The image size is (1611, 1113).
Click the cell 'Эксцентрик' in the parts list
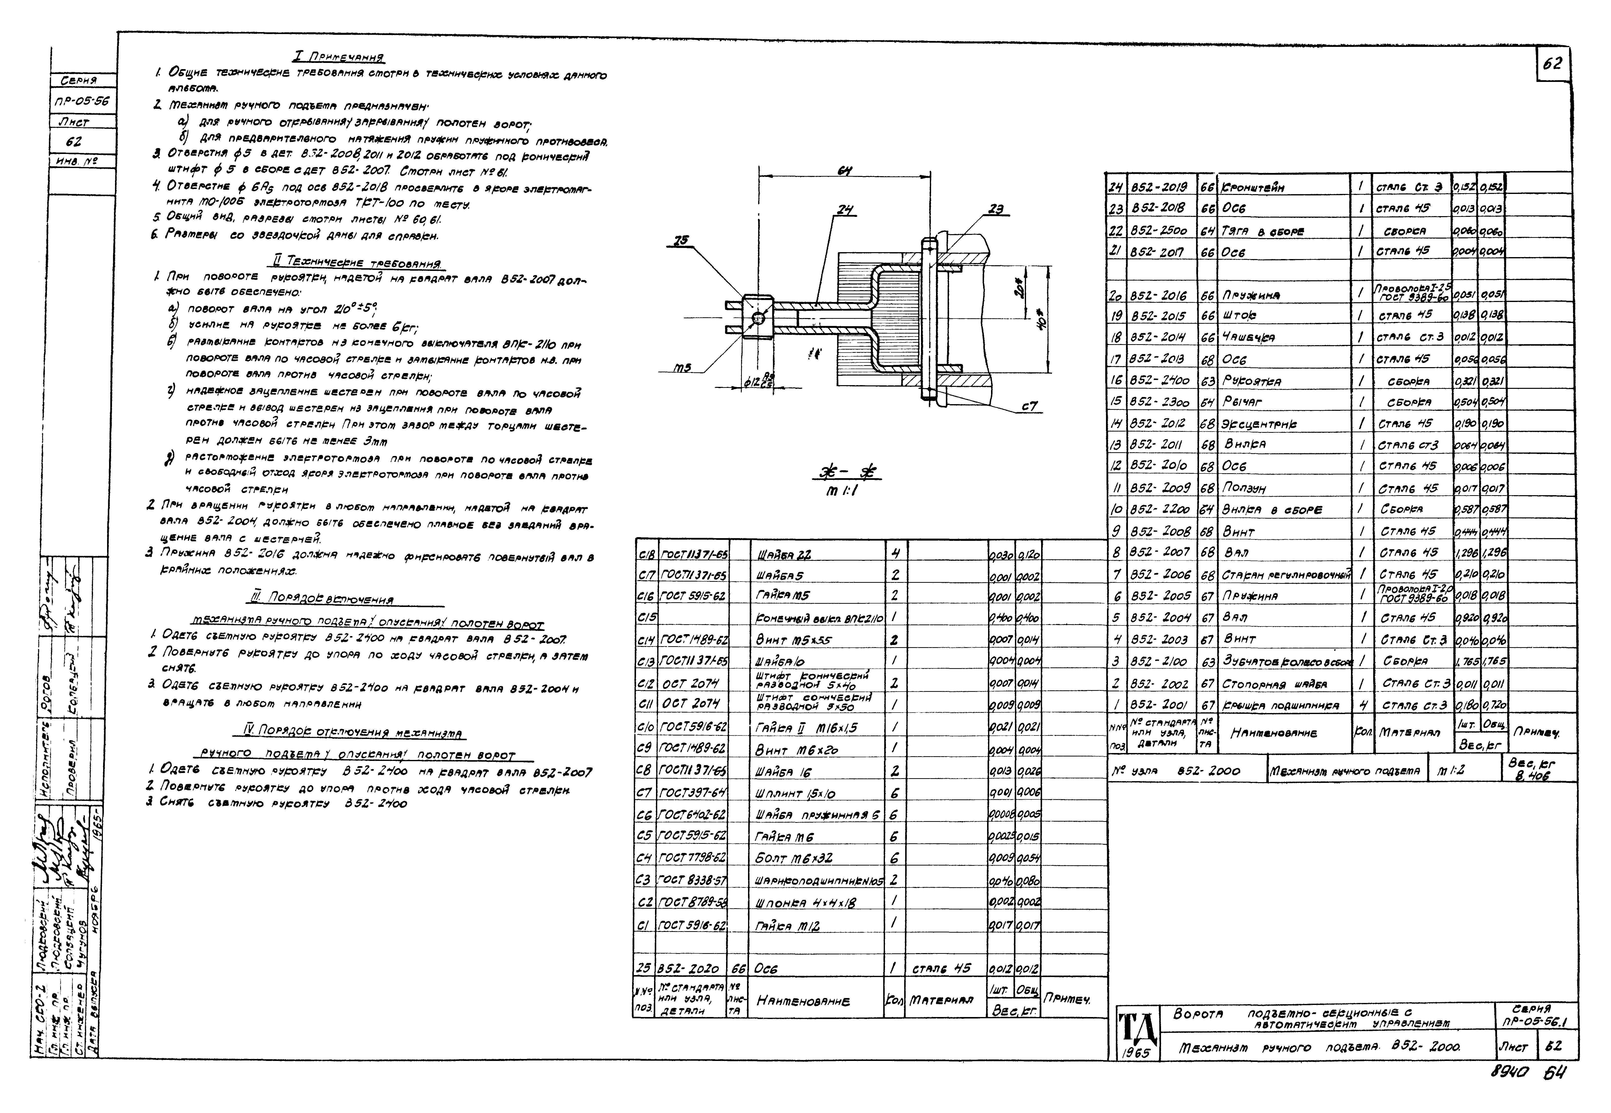[1259, 424]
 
